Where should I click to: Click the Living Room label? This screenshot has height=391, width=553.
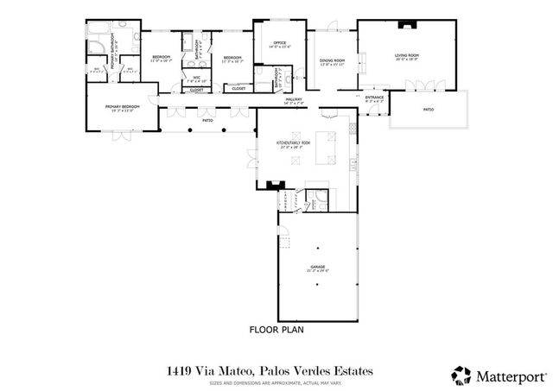[x=406, y=57]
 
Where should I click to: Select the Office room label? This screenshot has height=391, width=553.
[x=279, y=44]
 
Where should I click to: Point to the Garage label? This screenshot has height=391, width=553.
[x=318, y=269]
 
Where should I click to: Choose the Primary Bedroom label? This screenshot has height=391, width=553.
[x=122, y=108]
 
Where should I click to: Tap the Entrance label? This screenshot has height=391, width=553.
[x=374, y=98]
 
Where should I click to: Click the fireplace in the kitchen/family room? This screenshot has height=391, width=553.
[x=275, y=184]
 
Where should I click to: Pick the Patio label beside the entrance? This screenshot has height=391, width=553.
[x=428, y=110]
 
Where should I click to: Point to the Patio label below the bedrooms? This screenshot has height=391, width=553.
[x=208, y=121]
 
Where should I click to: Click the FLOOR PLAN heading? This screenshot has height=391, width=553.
[x=276, y=330]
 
